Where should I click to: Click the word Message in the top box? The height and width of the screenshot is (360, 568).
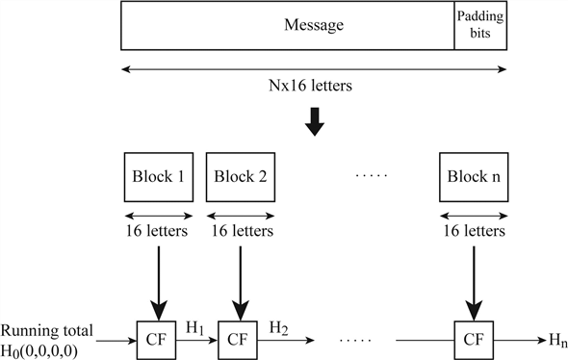tap(314, 25)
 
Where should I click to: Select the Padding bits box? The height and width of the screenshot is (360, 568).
tap(481, 25)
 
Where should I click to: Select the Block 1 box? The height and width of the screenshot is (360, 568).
tap(156, 176)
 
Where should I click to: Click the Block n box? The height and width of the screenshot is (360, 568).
tap(473, 176)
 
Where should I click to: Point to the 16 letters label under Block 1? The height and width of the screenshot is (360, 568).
tap(156, 232)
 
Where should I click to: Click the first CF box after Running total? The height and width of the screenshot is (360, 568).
tap(156, 339)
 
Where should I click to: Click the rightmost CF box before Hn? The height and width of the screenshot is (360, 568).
tap(473, 339)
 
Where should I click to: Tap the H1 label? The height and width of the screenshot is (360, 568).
tap(197, 328)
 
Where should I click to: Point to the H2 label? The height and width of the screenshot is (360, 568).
tap(280, 328)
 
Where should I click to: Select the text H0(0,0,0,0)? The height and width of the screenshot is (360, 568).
tap(47, 348)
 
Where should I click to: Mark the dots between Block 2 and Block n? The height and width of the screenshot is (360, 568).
tap(371, 177)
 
